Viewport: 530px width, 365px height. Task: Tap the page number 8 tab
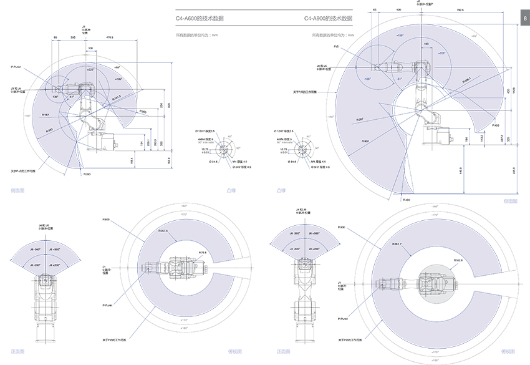coord(525,19)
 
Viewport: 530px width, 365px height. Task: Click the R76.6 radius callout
coord(203,252)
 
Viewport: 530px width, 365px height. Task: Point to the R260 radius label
coord(87,174)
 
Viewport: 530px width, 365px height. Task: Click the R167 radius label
coord(45,115)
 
